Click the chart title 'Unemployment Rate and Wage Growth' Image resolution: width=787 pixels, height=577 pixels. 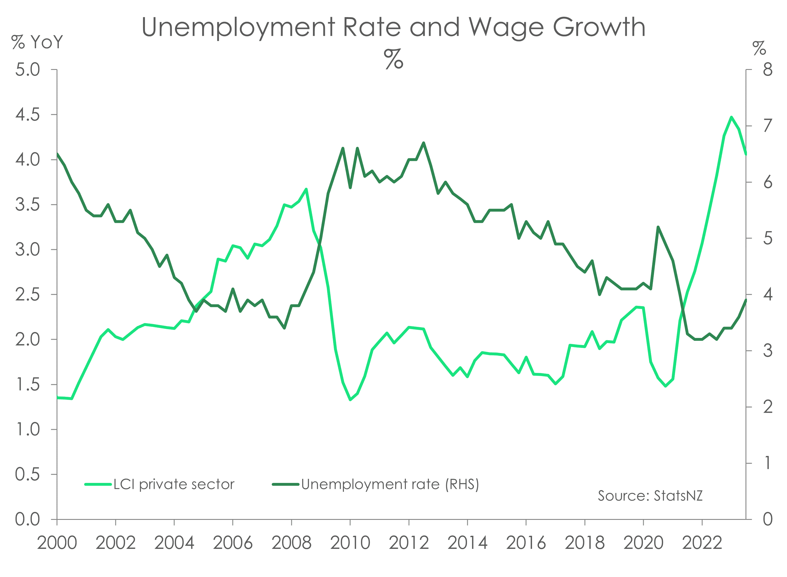click(x=393, y=27)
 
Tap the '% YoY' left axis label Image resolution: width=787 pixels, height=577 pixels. click(x=37, y=43)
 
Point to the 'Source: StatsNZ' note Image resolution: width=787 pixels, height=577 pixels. click(x=650, y=496)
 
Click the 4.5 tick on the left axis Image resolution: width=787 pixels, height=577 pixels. click(x=28, y=115)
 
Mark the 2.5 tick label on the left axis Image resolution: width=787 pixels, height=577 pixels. click(x=28, y=295)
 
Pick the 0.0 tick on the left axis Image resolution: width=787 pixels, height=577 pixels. click(x=28, y=520)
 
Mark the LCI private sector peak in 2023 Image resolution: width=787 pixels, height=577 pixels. click(x=731, y=117)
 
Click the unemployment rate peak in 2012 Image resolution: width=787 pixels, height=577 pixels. click(x=423, y=142)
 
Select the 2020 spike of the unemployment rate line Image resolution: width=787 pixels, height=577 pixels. click(x=658, y=227)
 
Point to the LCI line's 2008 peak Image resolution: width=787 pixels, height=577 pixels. click(x=306, y=189)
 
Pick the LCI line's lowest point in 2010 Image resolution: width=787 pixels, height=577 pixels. click(x=350, y=400)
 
